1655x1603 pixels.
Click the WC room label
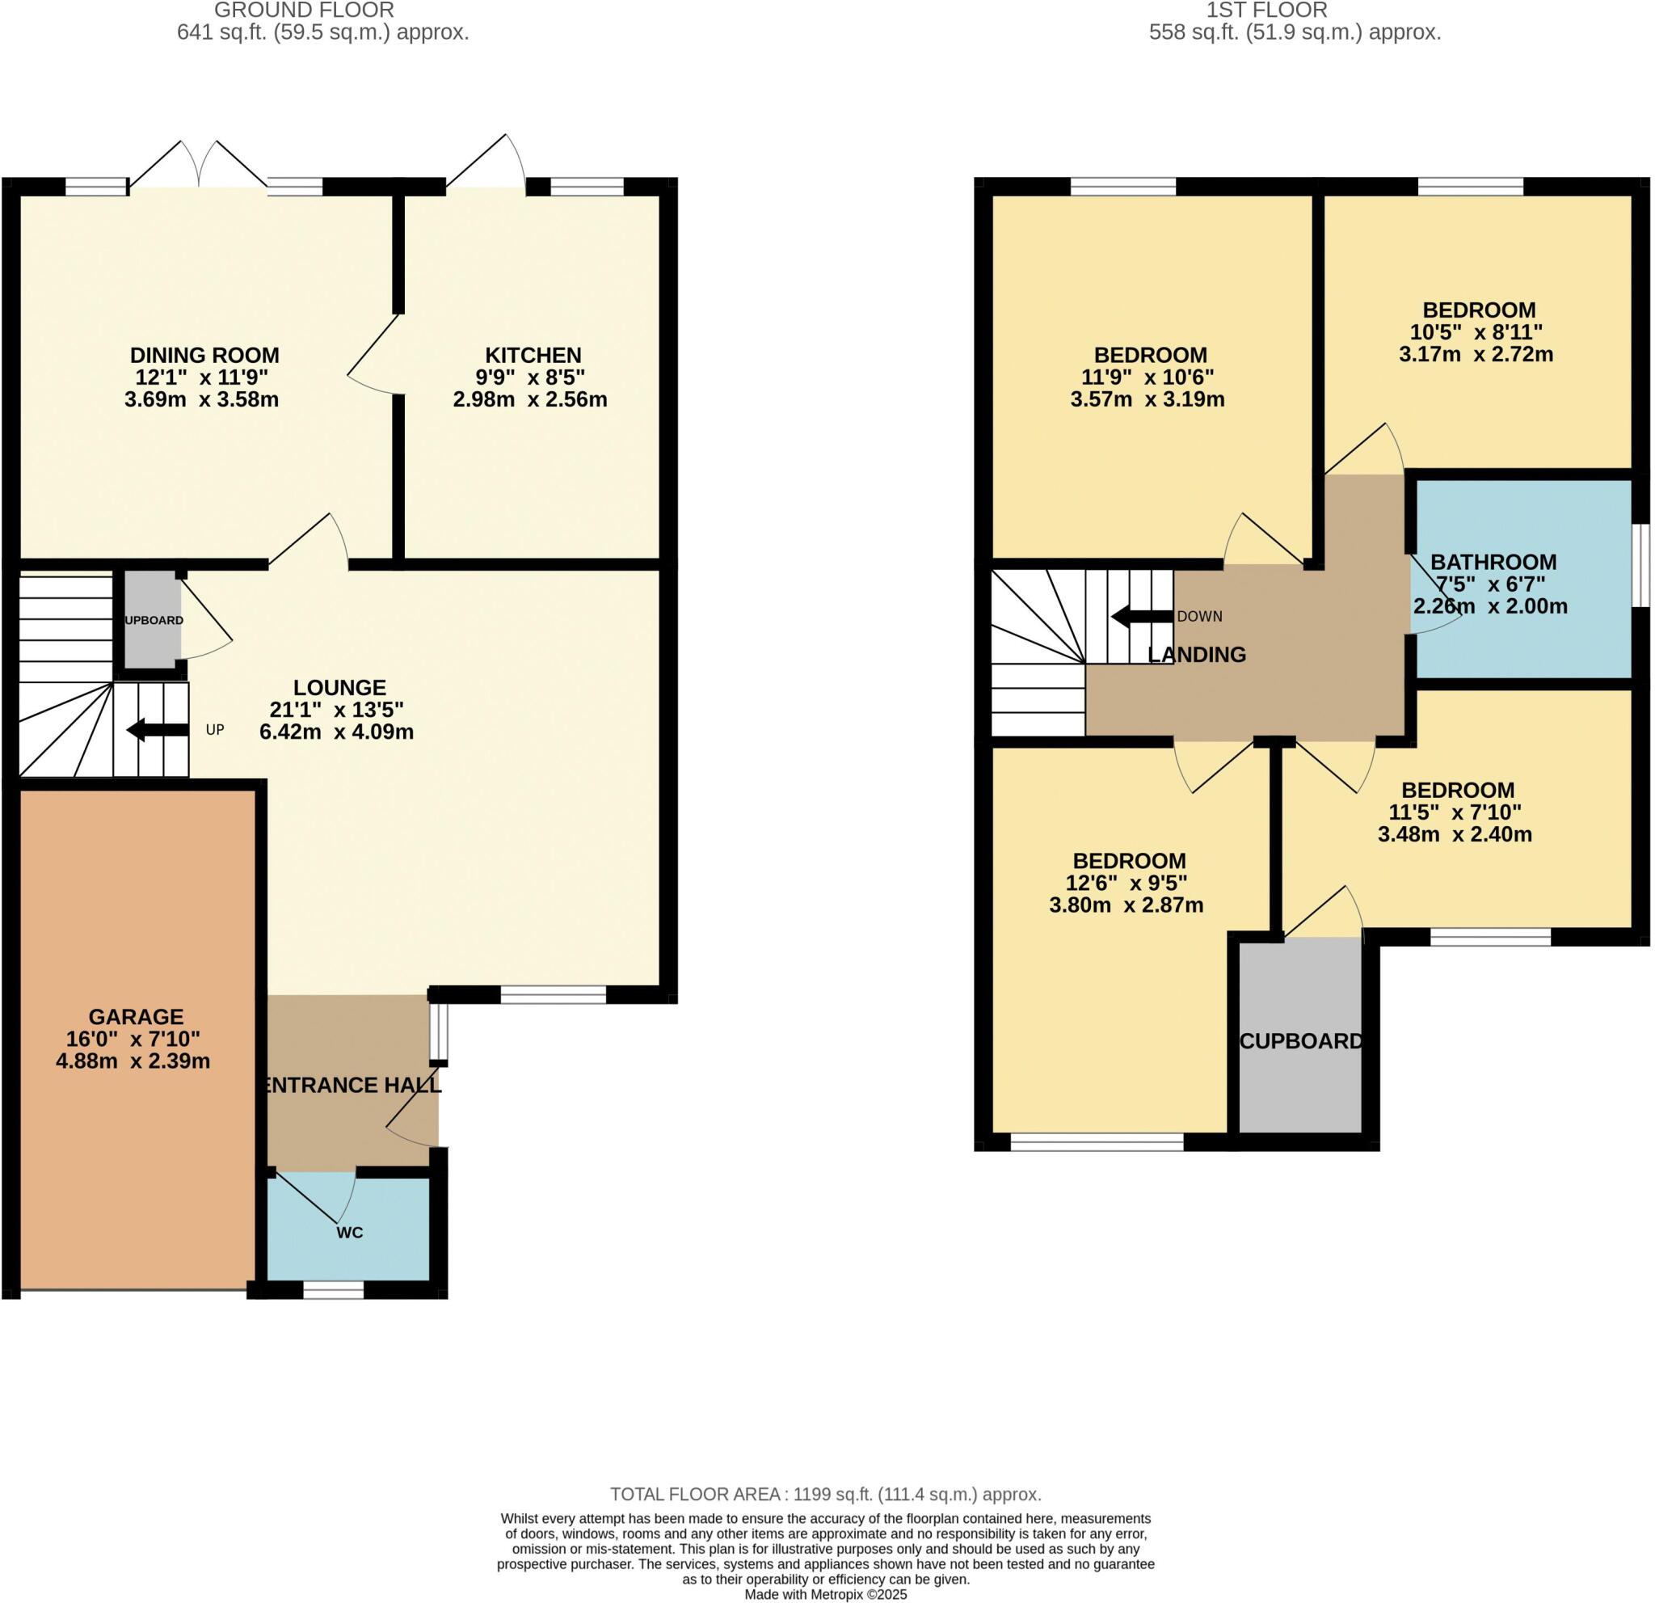(350, 1233)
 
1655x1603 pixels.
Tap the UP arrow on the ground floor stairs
(157, 730)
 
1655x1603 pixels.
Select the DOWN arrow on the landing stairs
(1142, 617)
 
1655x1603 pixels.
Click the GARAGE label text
(136, 1017)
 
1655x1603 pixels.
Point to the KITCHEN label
(533, 355)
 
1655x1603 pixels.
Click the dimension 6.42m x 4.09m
(336, 732)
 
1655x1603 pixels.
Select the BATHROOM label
(1493, 562)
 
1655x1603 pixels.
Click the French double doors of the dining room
(200, 166)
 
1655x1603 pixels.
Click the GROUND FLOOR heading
(303, 11)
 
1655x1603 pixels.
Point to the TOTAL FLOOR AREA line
(825, 1494)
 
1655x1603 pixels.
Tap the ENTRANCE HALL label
(352, 1086)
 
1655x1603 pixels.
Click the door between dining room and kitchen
(373, 355)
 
